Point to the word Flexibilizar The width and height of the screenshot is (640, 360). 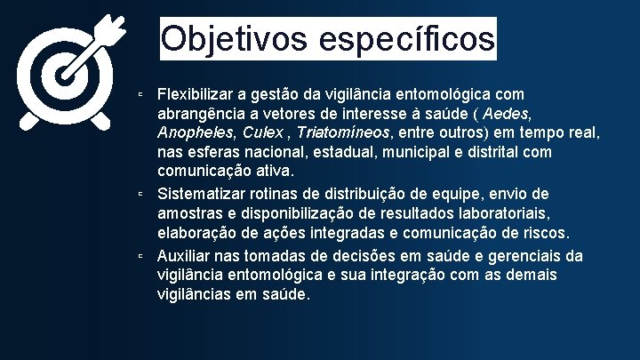point(196,93)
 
